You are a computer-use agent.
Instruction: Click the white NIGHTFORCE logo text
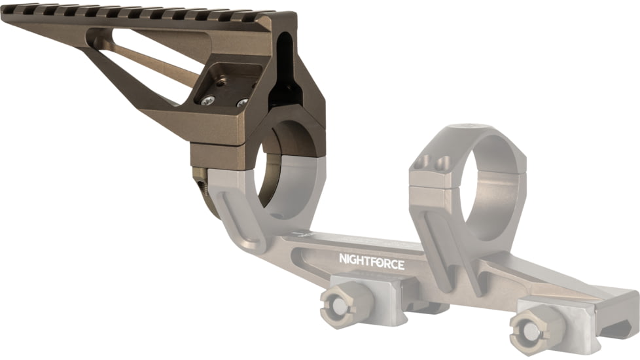click(x=371, y=264)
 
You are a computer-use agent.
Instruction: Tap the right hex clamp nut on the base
click(x=532, y=327)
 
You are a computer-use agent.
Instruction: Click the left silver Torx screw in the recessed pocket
click(x=207, y=99)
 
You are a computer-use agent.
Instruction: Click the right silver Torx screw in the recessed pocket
click(x=242, y=103)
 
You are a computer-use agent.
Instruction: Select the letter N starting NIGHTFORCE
click(x=342, y=264)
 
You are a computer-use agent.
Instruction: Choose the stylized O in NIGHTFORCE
click(x=385, y=264)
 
